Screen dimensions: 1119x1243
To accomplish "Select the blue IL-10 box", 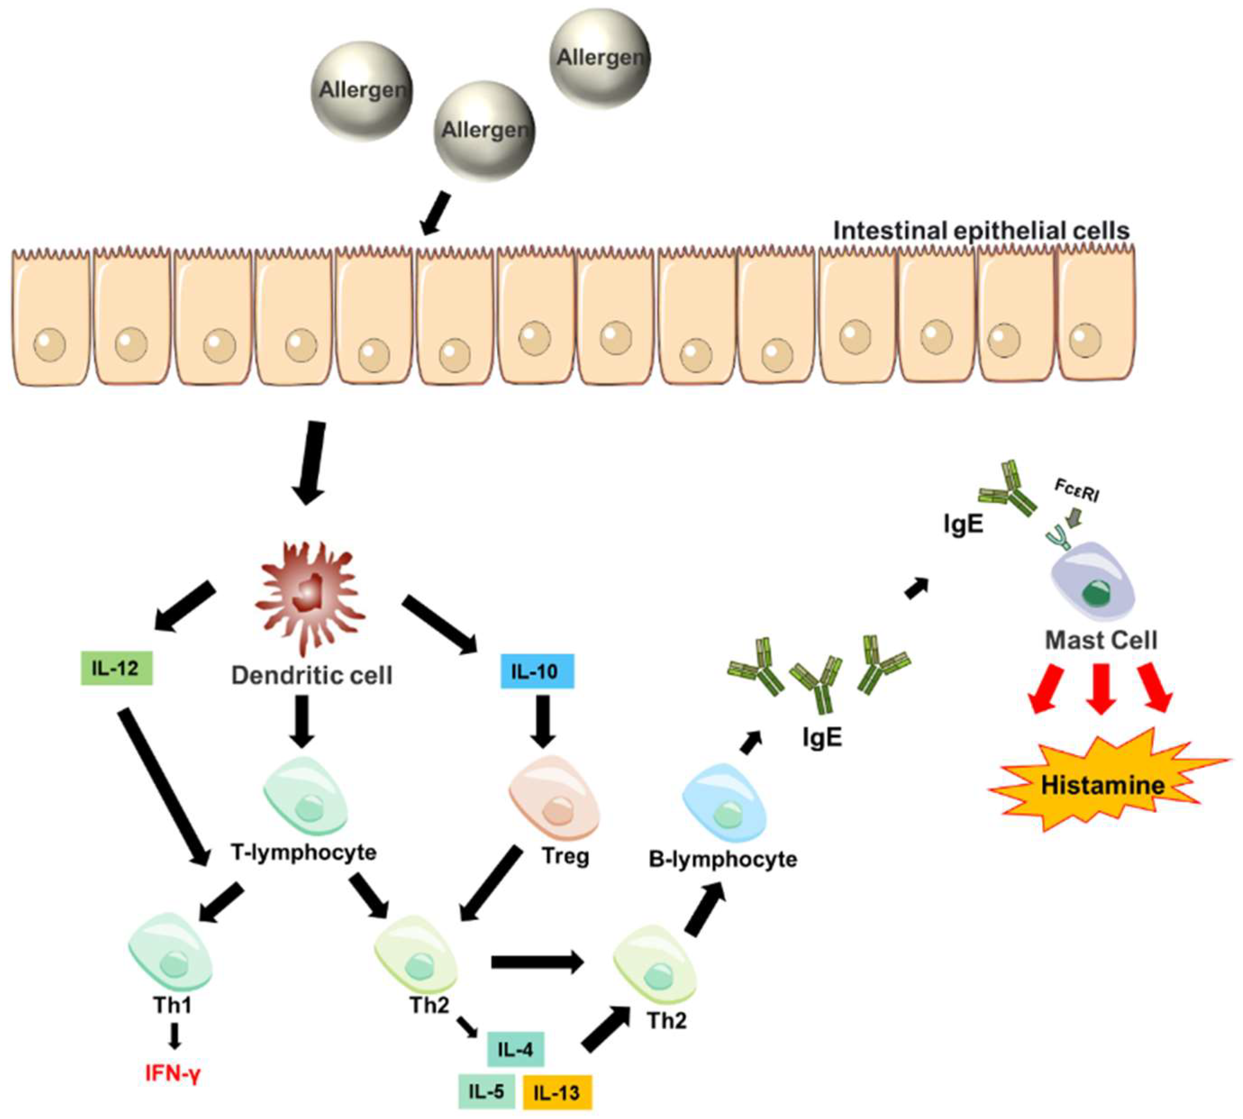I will point(537,671).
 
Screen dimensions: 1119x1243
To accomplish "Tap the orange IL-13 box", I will point(556,1092).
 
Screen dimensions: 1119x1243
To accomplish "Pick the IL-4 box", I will point(515,1050).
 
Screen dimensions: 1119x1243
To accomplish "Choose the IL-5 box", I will point(486,1092).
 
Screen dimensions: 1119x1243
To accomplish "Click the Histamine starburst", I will point(1102,785).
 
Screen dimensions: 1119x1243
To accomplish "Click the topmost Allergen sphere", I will point(599,58).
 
